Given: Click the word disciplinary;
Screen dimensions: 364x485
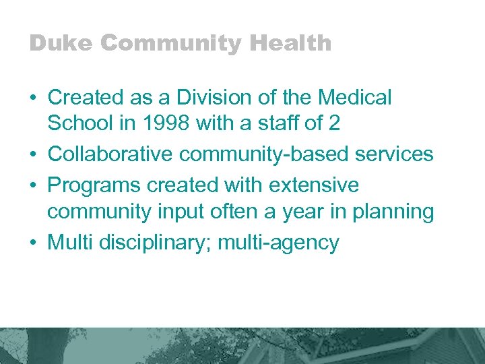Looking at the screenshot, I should click(x=164, y=242).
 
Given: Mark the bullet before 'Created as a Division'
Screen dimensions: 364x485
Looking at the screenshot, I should click(x=33, y=98).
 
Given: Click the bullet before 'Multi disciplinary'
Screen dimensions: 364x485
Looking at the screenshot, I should click(x=33, y=243).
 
